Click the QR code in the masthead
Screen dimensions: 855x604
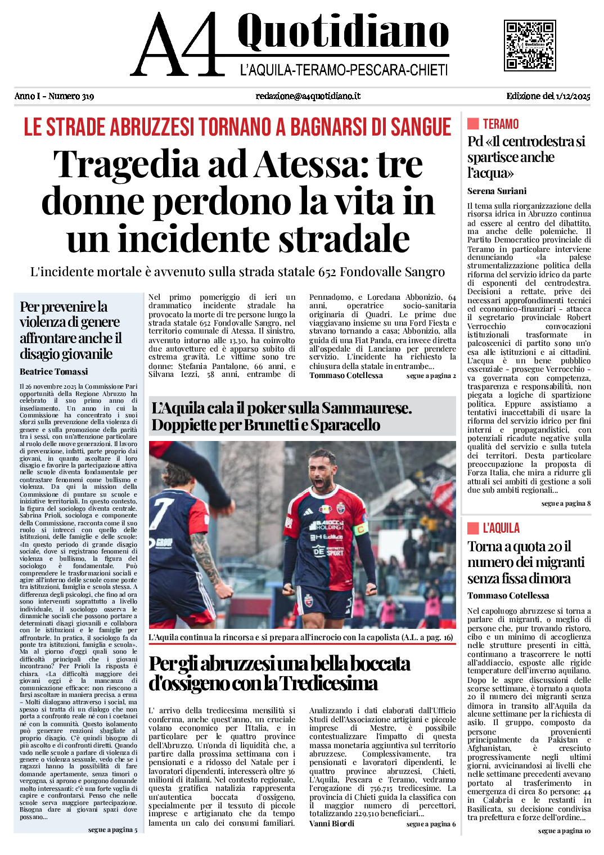click(529, 45)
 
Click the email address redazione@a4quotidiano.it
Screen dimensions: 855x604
click(308, 96)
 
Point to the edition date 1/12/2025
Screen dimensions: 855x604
click(573, 96)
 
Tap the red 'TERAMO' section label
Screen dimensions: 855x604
click(501, 124)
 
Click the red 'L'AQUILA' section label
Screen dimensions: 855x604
click(501, 528)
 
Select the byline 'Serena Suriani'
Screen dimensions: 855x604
click(497, 191)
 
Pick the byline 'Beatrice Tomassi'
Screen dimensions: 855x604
click(53, 372)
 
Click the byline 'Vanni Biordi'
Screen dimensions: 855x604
click(331, 823)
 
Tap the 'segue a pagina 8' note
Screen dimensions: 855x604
click(566, 503)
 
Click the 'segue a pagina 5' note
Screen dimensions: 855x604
click(112, 830)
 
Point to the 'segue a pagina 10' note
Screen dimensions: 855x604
click(564, 831)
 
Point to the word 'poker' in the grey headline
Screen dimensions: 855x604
click(269, 408)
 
